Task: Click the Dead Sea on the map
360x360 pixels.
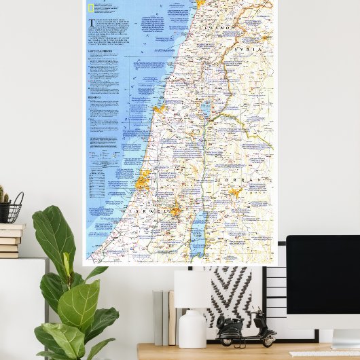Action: [x=198, y=235]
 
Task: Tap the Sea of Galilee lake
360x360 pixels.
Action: [x=206, y=109]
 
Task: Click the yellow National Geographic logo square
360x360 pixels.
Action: [x=91, y=8]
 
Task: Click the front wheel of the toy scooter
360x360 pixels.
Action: [x=270, y=338]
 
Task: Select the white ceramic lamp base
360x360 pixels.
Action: [x=192, y=328]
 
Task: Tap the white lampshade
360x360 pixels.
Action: [x=192, y=289]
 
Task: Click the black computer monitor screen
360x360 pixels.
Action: [x=323, y=282]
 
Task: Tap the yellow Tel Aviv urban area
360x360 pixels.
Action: [x=143, y=181]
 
